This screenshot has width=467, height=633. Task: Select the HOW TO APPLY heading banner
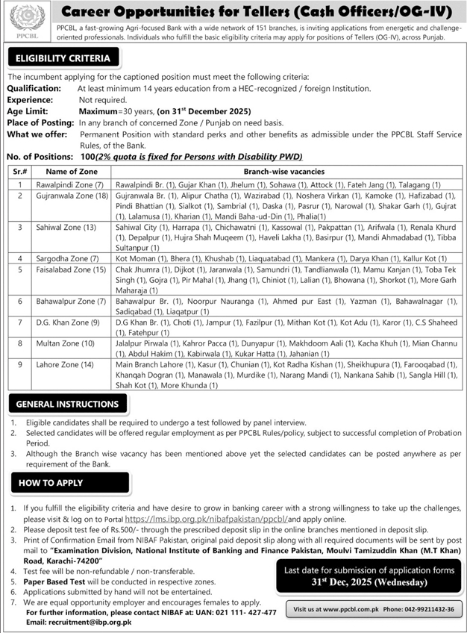click(51, 483)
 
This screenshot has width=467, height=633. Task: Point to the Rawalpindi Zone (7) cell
click(63, 184)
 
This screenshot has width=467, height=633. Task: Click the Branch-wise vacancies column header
click(286, 172)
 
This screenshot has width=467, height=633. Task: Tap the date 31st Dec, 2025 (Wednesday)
click(368, 581)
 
